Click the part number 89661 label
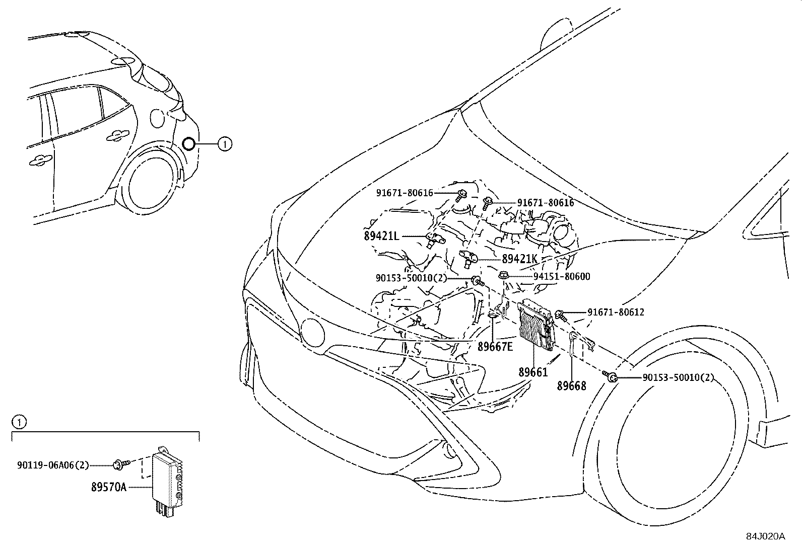[x=533, y=372]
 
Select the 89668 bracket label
[x=571, y=386]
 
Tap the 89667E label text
[x=495, y=347]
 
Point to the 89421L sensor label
[x=381, y=236]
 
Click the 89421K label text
[x=519, y=259]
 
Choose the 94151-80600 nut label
[x=562, y=277]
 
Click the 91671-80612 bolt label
[x=616, y=312]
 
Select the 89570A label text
[x=109, y=487]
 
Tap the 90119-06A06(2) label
[x=53, y=465]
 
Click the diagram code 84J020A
[x=766, y=536]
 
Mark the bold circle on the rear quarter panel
[x=188, y=144]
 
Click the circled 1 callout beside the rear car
[x=225, y=144]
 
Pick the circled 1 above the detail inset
[x=19, y=423]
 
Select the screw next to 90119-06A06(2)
[x=121, y=464]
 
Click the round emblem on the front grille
[x=312, y=332]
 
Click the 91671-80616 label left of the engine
[x=405, y=193]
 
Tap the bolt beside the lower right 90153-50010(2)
[x=610, y=376]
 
